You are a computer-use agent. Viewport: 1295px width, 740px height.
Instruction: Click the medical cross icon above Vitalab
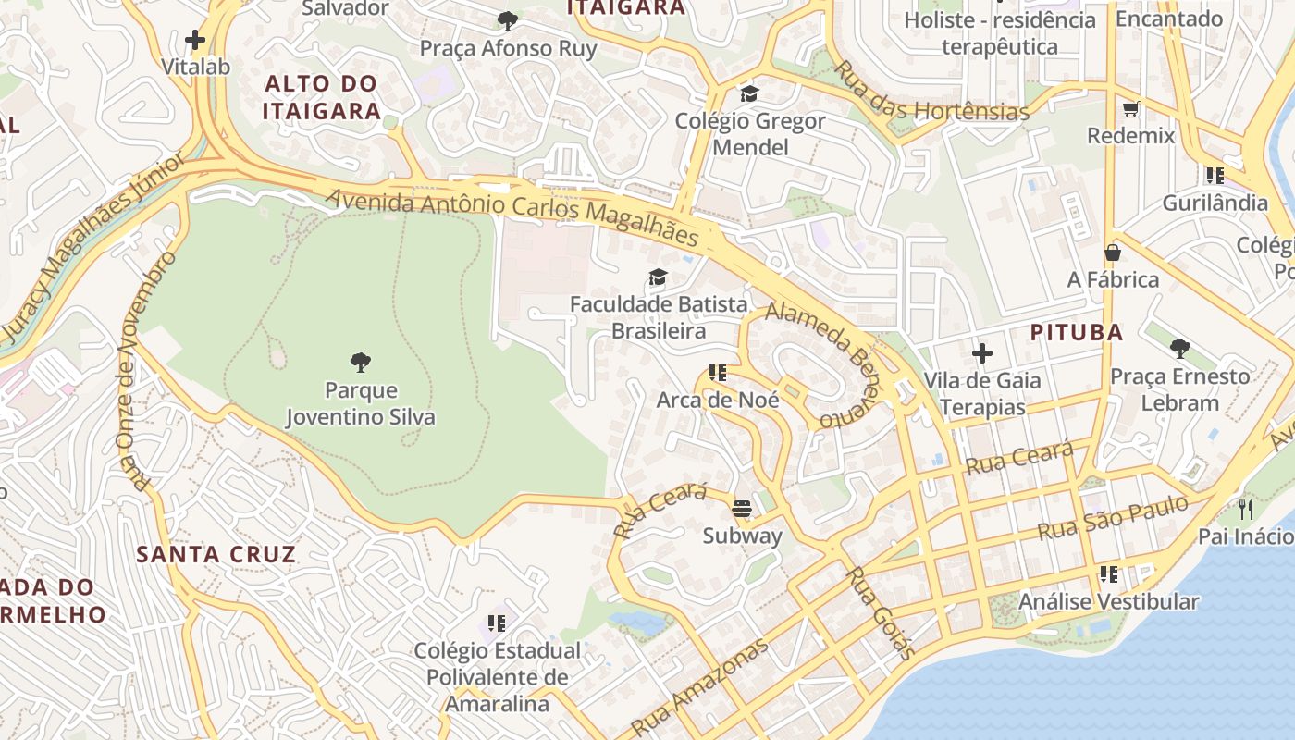coord(195,40)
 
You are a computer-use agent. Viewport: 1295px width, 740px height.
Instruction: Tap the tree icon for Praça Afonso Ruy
coord(508,21)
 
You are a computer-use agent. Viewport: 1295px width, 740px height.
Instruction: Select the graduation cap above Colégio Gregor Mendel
coord(749,93)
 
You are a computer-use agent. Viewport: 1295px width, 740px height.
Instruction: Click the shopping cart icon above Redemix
coord(1130,109)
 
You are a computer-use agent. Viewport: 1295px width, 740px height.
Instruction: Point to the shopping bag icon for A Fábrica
coord(1113,253)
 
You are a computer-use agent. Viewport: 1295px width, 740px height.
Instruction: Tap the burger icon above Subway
coord(742,508)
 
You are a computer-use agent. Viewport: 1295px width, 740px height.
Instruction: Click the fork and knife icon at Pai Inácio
coord(1246,510)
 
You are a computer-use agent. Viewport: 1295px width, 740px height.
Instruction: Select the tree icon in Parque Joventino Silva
coord(361,363)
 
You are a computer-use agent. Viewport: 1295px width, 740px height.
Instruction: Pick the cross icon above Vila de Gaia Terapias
coord(982,353)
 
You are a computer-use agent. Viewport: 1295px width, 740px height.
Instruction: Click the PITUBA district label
coord(1077,332)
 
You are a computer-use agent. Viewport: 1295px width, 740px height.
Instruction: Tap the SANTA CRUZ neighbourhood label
coord(216,554)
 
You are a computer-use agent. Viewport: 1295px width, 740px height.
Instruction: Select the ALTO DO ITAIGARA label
coord(321,97)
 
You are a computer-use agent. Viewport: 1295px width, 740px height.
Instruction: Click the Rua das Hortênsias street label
coord(931,93)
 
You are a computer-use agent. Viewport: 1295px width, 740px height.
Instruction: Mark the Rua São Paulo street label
coord(1112,519)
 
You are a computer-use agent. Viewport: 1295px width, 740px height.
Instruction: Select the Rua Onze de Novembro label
coord(145,370)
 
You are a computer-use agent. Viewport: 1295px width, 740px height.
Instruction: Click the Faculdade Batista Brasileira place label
coord(658,317)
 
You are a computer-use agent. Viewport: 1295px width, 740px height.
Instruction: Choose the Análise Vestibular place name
coord(1108,601)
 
